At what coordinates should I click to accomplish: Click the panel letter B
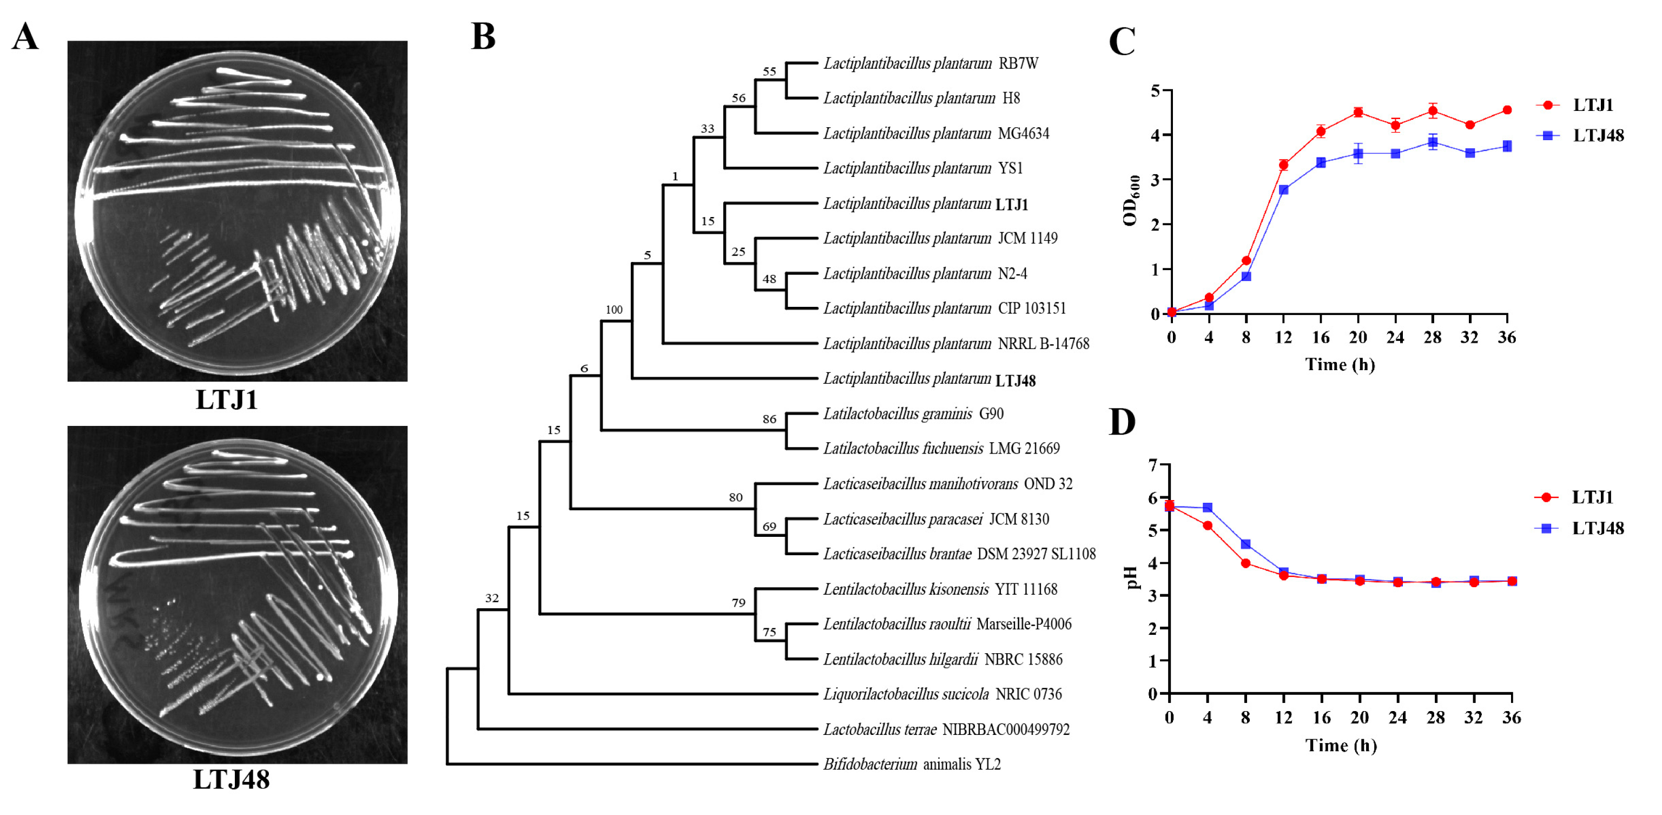483,37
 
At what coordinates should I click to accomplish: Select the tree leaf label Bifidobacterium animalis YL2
912,764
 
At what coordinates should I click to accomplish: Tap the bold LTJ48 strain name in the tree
1015,381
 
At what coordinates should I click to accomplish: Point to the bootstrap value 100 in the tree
614,310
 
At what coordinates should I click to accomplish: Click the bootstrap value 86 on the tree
769,419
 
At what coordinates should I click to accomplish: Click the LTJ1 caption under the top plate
227,400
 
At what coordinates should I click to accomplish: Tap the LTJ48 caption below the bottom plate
231,779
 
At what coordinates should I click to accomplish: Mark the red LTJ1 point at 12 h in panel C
1283,165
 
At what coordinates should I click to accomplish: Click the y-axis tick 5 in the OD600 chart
1155,91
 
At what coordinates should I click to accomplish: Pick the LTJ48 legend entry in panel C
1598,135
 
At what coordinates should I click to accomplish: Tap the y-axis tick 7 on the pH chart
1153,465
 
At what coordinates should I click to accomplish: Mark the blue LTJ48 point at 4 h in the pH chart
1207,508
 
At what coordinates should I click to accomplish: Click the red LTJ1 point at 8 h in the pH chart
1245,563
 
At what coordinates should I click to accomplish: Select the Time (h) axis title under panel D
1341,745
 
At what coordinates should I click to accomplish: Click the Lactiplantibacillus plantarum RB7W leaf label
931,63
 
